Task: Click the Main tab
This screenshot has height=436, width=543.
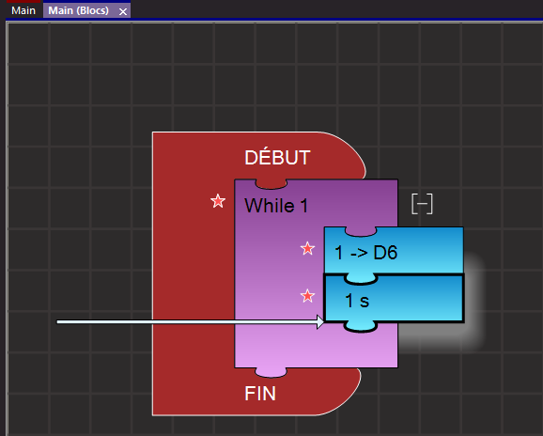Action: [x=23, y=10]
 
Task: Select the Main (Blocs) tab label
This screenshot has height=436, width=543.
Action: [x=78, y=10]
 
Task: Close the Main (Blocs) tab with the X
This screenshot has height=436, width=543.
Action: [x=122, y=12]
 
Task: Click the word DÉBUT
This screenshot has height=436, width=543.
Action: [x=277, y=158]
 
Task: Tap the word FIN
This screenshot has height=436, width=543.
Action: [x=260, y=394]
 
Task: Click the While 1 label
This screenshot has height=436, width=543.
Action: [x=276, y=206]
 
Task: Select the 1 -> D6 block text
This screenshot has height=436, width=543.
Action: [x=366, y=253]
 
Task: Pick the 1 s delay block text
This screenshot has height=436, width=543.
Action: [x=357, y=301]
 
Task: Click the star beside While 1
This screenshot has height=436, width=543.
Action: [x=218, y=201]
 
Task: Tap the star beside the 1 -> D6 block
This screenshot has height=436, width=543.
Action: [x=307, y=248]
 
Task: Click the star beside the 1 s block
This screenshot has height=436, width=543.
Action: [x=307, y=296]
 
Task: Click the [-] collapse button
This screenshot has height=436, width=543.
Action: [x=422, y=204]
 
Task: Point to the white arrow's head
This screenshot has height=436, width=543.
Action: [x=320, y=322]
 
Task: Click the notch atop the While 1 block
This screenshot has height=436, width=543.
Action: [x=271, y=184]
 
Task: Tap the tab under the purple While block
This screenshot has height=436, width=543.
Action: [x=271, y=372]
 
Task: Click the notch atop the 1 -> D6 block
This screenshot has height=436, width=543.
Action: [x=361, y=232]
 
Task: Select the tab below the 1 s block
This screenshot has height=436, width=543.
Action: [x=361, y=327]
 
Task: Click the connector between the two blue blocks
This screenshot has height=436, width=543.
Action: [x=361, y=279]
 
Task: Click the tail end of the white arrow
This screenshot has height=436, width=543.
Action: [x=57, y=322]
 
